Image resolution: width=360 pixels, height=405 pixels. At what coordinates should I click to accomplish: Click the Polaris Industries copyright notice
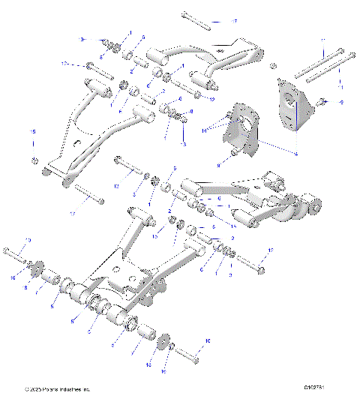tap(57, 389)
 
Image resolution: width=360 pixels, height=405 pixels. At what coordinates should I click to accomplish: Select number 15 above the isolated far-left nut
tap(32, 132)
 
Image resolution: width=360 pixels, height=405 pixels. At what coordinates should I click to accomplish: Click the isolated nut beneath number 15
tap(34, 160)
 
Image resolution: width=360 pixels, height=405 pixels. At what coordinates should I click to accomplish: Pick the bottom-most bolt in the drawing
tap(187, 356)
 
